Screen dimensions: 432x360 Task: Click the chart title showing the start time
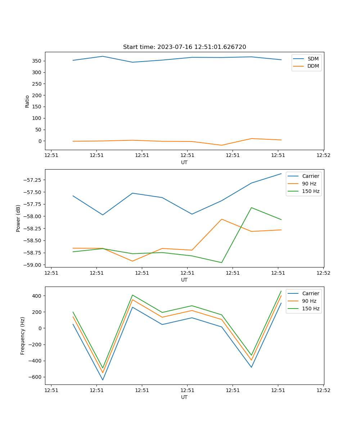point(184,47)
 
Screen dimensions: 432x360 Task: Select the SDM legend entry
point(313,59)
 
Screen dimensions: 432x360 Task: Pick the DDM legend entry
point(313,66)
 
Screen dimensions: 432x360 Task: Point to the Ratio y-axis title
point(27,101)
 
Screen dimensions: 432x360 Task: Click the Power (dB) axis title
point(18,218)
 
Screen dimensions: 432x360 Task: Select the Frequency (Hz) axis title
point(23,336)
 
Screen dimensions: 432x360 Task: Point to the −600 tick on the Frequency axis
point(35,377)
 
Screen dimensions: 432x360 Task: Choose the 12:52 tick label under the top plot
point(323,156)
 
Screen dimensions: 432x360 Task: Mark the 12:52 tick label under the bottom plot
point(323,390)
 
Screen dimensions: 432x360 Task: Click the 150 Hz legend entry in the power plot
point(311,191)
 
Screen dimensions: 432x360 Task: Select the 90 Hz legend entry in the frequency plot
point(309,301)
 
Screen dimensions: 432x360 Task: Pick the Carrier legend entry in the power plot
point(311,176)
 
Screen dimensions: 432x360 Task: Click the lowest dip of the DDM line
point(221,145)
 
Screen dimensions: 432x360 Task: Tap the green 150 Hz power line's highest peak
point(251,208)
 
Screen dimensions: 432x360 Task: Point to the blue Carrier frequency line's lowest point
point(103,380)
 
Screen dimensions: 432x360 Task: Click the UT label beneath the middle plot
point(184,280)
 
